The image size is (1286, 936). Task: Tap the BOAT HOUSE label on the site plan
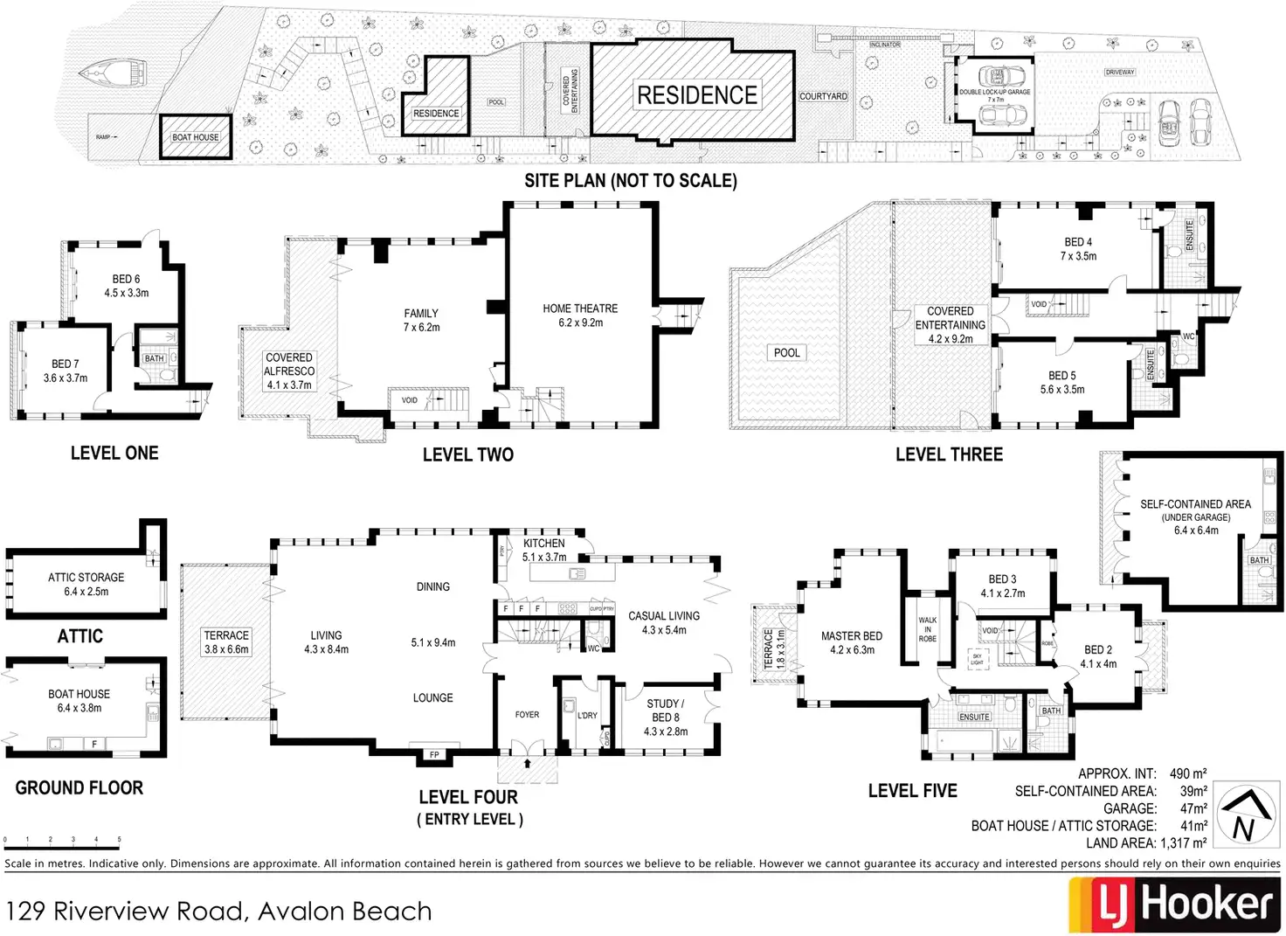[195, 137]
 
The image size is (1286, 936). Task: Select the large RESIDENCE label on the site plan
[696, 94]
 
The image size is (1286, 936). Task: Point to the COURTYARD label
[823, 96]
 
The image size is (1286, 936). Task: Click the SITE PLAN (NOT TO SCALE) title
[630, 181]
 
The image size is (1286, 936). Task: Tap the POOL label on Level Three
[786, 353]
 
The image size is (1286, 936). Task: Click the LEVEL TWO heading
[467, 454]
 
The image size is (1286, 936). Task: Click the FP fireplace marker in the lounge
[434, 755]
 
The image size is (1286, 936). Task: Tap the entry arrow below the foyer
[527, 763]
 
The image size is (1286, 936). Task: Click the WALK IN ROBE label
[927, 629]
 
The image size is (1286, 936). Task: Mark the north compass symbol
[1244, 815]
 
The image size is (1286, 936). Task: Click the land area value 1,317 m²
[1183, 843]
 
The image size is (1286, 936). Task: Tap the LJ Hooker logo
[1174, 905]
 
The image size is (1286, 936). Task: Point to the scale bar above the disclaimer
[61, 846]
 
